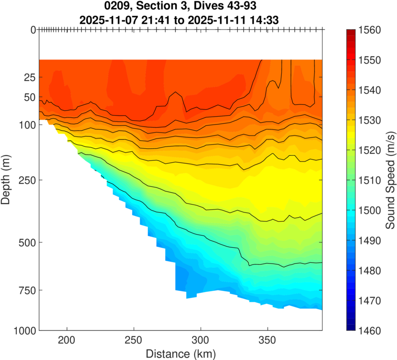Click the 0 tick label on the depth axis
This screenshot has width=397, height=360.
[x=33, y=30]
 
